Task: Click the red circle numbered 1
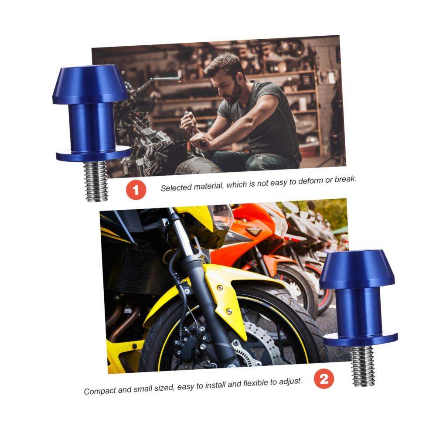136,190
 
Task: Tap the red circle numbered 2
324,378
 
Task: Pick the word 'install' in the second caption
215,385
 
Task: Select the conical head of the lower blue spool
357,269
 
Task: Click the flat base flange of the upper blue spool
93,154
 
